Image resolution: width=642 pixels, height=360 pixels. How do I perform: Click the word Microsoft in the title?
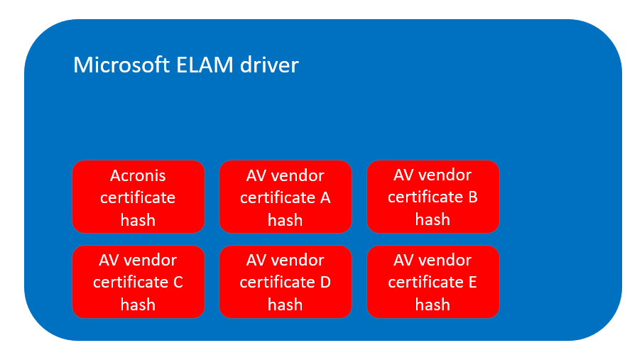[121, 65]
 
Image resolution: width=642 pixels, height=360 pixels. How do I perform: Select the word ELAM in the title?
[205, 65]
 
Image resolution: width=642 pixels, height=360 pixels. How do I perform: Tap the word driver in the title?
[269, 65]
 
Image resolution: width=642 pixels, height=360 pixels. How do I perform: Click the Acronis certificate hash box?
[138, 197]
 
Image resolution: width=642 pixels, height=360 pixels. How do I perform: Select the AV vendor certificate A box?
[285, 197]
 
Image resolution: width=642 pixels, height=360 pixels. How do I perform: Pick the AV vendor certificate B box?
[432, 197]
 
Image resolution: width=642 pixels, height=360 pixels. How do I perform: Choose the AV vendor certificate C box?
[138, 282]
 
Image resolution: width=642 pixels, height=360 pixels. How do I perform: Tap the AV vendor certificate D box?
[285, 282]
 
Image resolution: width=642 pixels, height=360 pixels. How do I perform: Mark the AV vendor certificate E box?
[432, 282]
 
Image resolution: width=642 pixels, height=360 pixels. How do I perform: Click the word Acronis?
[138, 175]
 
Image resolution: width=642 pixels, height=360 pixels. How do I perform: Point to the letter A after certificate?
[325, 198]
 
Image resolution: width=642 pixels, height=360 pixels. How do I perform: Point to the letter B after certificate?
[473, 197]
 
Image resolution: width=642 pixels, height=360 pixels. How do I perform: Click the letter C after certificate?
[178, 282]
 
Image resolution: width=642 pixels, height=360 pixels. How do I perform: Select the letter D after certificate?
[325, 282]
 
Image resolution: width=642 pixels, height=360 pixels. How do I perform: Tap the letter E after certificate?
[472, 282]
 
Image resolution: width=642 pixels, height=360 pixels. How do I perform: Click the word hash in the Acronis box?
[138, 220]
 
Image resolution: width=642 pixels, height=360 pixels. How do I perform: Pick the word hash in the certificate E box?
[432, 305]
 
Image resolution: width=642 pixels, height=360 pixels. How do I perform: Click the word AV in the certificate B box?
[403, 175]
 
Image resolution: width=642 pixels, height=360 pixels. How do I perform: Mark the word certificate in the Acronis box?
[138, 198]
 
